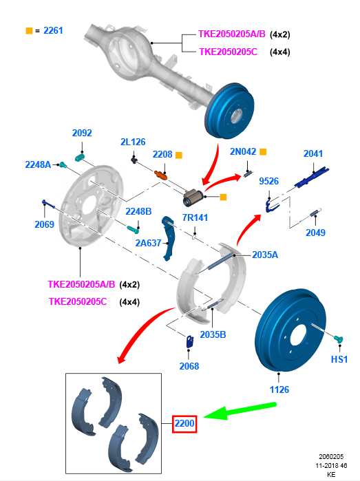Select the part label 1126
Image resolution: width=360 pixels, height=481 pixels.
point(279,390)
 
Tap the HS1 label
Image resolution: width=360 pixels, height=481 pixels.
point(339,359)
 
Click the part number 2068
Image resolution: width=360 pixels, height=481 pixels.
point(189,366)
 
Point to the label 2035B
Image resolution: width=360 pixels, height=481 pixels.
point(213,335)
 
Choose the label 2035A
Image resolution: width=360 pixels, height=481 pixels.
point(265,254)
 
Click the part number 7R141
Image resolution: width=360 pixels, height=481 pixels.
point(195,218)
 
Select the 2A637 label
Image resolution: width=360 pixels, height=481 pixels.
point(149,243)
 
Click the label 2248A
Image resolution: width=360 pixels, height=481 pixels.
point(38,164)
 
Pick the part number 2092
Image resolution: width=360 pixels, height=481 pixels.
point(82,133)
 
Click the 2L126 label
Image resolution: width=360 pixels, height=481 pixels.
point(133,142)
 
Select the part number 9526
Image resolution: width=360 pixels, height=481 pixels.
point(268,182)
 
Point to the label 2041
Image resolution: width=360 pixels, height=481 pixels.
point(313,153)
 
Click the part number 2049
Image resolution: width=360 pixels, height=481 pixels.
point(315,233)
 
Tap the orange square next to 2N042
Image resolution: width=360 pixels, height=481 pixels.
point(262,151)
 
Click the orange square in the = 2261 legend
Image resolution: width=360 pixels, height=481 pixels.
point(29,31)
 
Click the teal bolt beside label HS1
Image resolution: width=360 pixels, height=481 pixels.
point(338,339)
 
